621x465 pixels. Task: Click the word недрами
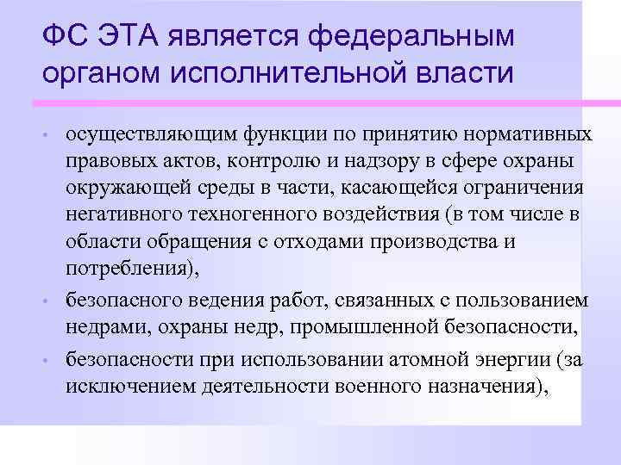[101, 326]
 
